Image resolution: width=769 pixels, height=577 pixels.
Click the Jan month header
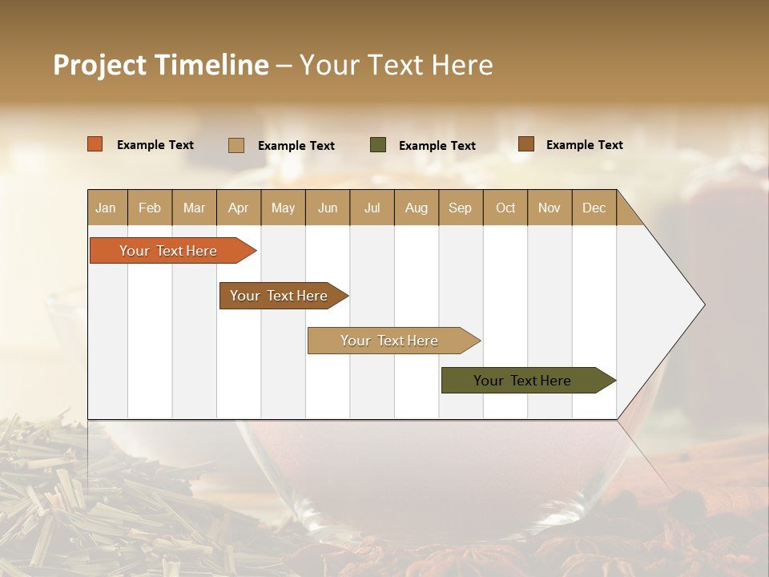[107, 208]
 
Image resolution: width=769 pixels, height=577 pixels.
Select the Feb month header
[150, 208]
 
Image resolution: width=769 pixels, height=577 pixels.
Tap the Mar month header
[194, 208]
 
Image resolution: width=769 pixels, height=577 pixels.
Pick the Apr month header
[239, 208]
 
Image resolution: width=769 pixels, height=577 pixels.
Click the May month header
[283, 208]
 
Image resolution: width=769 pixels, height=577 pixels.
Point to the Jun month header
[328, 208]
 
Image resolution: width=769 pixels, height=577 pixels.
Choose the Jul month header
[372, 208]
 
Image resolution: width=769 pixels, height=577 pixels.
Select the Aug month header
[417, 208]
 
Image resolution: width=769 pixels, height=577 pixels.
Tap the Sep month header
[461, 208]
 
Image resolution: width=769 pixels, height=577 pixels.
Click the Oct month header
[505, 208]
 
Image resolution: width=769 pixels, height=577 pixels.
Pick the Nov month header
[550, 208]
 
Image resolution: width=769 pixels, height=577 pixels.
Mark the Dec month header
[594, 208]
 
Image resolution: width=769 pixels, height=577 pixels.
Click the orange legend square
[95, 144]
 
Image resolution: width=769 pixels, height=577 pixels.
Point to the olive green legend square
[378, 145]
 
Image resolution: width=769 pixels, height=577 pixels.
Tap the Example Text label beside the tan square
[296, 146]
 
